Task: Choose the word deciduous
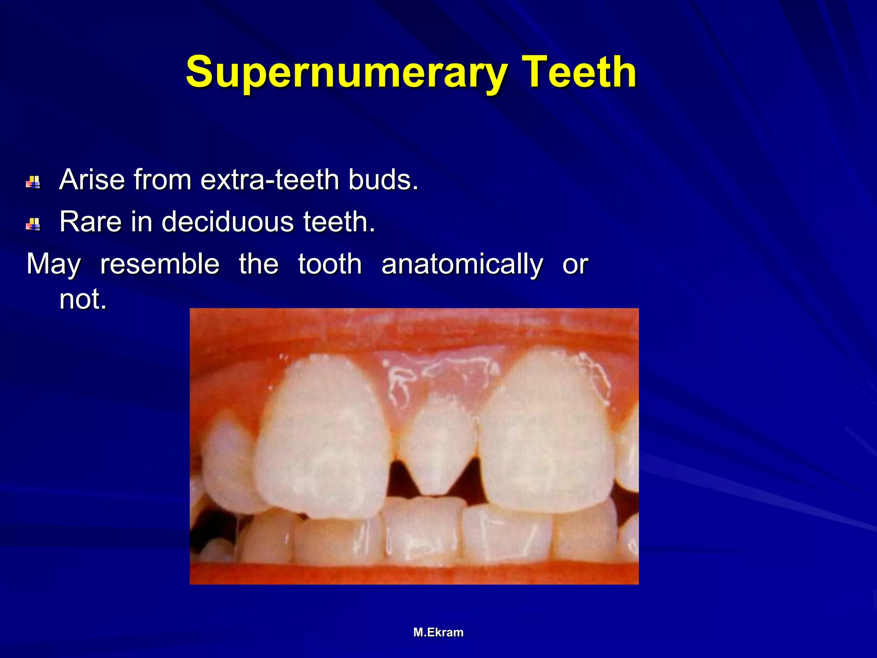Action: tap(227, 221)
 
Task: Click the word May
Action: tap(54, 265)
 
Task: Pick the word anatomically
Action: tap(462, 264)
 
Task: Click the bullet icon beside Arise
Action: tap(33, 182)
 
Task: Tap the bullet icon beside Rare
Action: tap(33, 224)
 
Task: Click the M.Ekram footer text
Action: tap(438, 632)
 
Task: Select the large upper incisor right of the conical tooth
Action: tap(546, 433)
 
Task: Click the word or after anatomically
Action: tap(575, 264)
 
